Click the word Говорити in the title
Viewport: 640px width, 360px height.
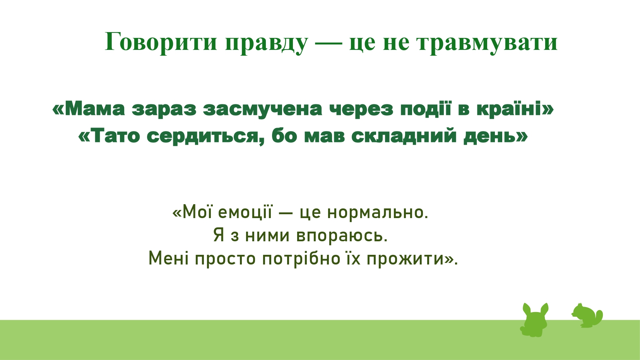[x=161, y=42]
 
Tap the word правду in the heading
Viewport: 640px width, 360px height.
[x=267, y=43]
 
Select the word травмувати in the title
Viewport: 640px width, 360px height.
[x=487, y=43]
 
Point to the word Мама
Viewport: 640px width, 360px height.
[x=95, y=109]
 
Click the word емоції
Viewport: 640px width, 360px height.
[x=245, y=212]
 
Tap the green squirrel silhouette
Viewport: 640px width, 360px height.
[x=587, y=316]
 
